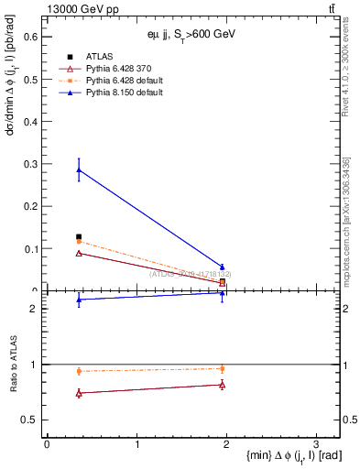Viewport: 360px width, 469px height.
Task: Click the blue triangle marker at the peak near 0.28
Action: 79,169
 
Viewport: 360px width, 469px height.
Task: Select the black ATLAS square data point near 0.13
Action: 79,237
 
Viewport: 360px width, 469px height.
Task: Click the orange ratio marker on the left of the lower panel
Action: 79,371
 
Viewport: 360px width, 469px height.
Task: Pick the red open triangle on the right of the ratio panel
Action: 222,385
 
